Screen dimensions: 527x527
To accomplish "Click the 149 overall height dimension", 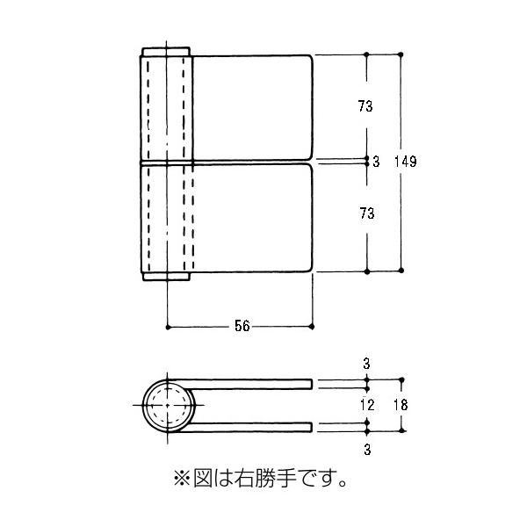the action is point(405,162).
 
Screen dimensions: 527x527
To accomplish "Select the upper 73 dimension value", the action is point(366,107).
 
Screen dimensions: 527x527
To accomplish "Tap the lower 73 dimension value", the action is point(366,213).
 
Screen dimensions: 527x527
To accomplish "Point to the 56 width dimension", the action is point(242,326).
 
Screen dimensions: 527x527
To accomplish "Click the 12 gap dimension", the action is point(367,405).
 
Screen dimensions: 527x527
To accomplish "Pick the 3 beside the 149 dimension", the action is point(376,162).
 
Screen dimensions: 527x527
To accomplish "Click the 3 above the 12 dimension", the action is point(367,362).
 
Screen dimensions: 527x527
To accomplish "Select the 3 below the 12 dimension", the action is point(367,450).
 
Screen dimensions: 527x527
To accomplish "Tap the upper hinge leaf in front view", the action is point(253,107).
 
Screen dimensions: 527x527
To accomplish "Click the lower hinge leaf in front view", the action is point(253,217).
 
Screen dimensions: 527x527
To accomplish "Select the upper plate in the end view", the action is point(255,383).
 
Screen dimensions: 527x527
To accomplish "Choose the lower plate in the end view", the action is point(255,427).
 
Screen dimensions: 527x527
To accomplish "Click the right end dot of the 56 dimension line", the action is point(314,327).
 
